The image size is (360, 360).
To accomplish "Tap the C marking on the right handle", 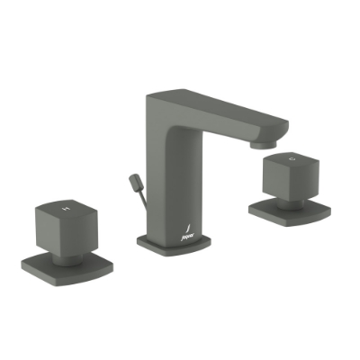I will pyautogui.click(x=290, y=159).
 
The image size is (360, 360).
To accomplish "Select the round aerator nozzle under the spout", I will pyautogui.click(x=261, y=142).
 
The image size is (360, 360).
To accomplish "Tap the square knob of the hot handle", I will pyautogui.click(x=65, y=221).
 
